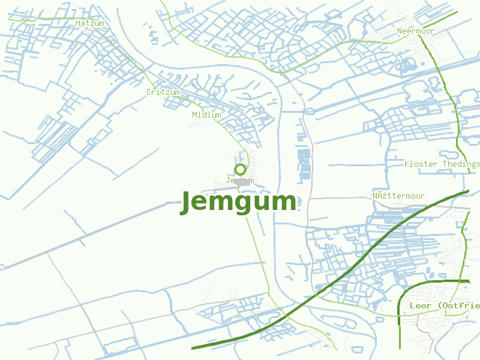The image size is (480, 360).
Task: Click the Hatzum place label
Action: click(90, 23)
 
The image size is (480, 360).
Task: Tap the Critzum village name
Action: click(163, 92)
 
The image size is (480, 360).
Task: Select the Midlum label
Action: click(207, 115)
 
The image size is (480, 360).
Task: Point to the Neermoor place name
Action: click(416, 31)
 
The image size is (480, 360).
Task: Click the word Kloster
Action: click(421, 164)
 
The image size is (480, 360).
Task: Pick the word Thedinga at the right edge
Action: click(461, 164)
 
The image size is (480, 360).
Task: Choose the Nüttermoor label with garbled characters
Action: click(398, 196)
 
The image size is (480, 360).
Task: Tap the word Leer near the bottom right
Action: click(420, 305)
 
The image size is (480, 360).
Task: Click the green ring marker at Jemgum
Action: click(240, 169)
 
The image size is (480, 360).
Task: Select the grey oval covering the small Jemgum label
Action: click(242, 181)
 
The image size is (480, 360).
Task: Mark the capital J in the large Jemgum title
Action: click(188, 202)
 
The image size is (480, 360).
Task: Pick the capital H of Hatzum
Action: click(79, 23)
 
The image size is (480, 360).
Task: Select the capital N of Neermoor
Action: click(400, 31)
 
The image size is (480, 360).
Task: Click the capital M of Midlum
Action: click(195, 115)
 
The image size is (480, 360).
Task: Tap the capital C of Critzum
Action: click(149, 92)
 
